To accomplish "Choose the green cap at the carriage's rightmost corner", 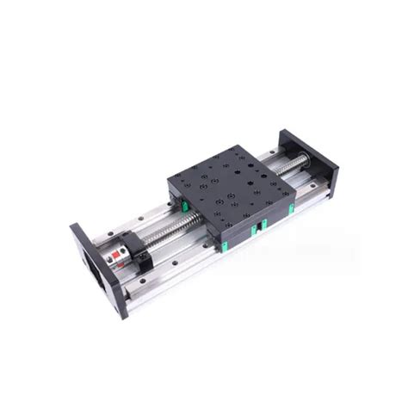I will [291, 207].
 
